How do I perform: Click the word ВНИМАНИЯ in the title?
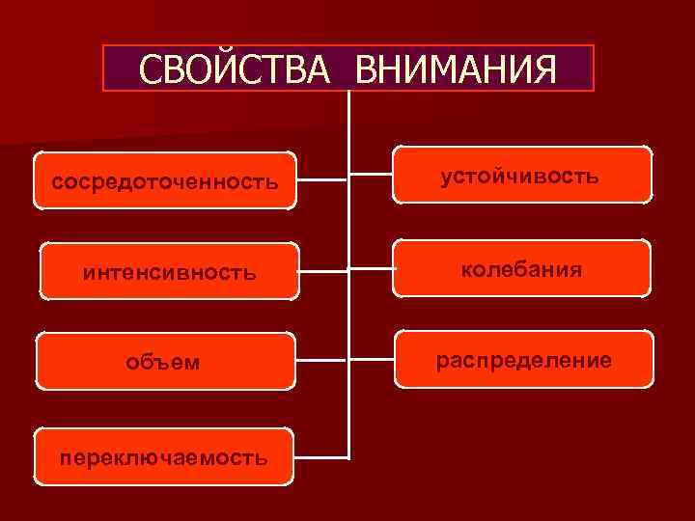click(x=456, y=69)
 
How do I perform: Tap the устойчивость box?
click(x=520, y=175)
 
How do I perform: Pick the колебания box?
click(x=521, y=268)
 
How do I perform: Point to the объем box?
click(x=164, y=362)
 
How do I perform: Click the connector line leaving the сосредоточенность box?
click(x=320, y=180)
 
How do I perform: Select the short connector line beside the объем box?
click(x=320, y=362)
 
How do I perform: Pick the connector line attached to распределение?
click(x=372, y=360)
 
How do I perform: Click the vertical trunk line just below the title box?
click(x=348, y=116)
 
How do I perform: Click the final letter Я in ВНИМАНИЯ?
click(x=542, y=69)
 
